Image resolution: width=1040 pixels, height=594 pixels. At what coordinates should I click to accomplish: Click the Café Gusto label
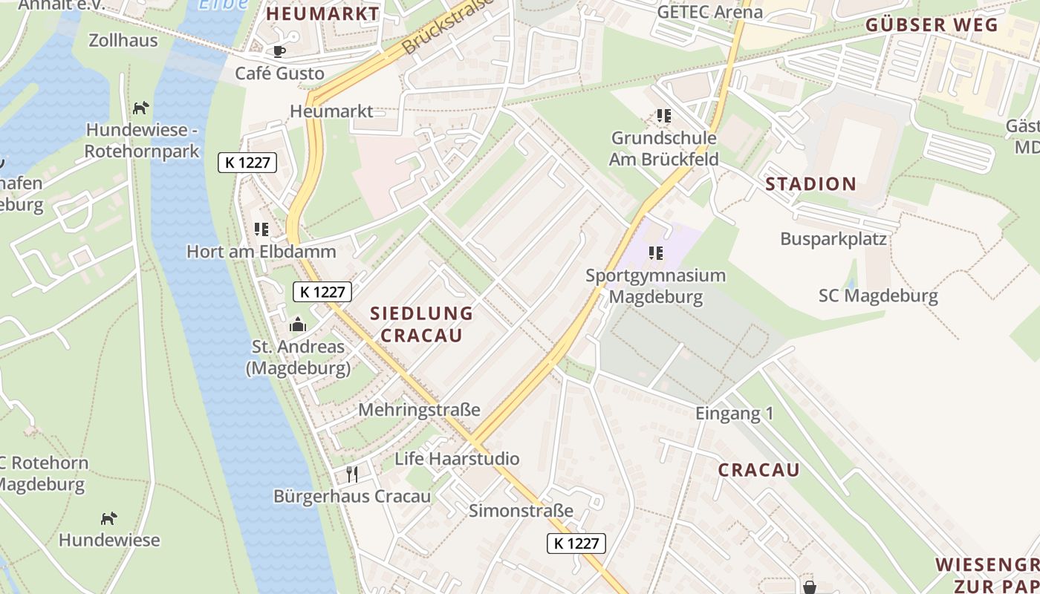(x=279, y=74)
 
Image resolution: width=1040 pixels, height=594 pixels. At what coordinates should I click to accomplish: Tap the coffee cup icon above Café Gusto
(x=279, y=51)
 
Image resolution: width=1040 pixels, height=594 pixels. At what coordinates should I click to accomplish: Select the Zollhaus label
(x=123, y=40)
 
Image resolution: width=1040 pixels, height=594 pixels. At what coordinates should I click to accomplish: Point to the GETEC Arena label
(x=709, y=12)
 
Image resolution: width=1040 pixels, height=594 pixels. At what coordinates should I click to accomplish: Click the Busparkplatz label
(x=833, y=239)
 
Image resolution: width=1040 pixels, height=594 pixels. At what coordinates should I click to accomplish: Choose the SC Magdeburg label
(x=878, y=296)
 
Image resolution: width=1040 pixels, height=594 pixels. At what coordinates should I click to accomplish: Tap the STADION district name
(x=810, y=184)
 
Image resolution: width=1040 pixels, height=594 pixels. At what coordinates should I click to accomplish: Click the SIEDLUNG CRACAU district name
(x=421, y=324)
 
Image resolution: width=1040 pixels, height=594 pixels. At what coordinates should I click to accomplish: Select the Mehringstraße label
(x=419, y=410)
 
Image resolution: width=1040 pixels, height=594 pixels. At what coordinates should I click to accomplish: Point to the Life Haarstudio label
(x=457, y=458)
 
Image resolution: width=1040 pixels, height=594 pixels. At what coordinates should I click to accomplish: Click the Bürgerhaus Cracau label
(x=352, y=496)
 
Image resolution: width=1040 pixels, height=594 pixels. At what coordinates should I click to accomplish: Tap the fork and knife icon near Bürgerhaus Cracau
(x=352, y=474)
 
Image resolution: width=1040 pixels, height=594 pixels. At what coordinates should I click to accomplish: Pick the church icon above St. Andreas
(x=297, y=324)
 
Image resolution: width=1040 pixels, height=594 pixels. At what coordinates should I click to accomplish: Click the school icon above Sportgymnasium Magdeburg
(x=655, y=253)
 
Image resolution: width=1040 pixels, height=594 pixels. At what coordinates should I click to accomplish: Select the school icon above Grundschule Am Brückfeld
(x=663, y=116)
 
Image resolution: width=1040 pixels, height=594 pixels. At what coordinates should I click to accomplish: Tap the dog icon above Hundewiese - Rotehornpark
(x=140, y=108)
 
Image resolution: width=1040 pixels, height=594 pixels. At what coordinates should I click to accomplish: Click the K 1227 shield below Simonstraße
(x=576, y=544)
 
